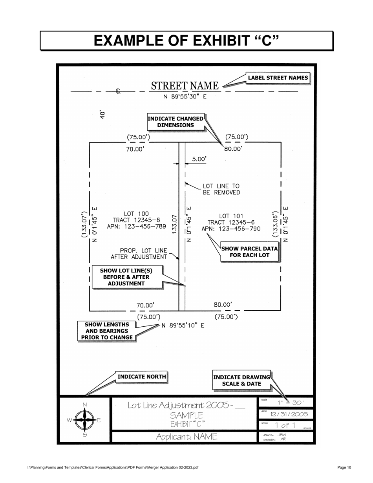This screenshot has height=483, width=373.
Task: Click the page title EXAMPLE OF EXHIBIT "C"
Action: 186,41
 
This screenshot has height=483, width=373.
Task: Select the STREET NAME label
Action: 185,86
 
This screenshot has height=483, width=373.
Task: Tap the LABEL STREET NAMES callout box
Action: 278,78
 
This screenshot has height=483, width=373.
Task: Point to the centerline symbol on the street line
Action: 118,91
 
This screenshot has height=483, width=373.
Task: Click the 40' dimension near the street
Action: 102,114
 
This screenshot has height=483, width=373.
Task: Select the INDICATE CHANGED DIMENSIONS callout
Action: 176,122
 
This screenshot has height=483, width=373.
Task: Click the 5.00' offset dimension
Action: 199,159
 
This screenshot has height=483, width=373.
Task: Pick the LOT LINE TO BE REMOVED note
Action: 221,189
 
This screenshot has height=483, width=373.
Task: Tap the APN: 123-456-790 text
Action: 231,229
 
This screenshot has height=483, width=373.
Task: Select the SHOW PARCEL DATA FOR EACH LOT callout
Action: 249,252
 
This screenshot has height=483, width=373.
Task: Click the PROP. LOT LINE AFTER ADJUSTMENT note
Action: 139,254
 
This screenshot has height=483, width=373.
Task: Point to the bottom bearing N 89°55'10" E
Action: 183,326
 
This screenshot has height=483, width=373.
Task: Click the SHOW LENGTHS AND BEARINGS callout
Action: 107,331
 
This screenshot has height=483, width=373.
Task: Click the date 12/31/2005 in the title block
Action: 289,414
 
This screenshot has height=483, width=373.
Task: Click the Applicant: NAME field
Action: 186,437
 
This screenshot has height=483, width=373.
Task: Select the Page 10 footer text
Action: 344,467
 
